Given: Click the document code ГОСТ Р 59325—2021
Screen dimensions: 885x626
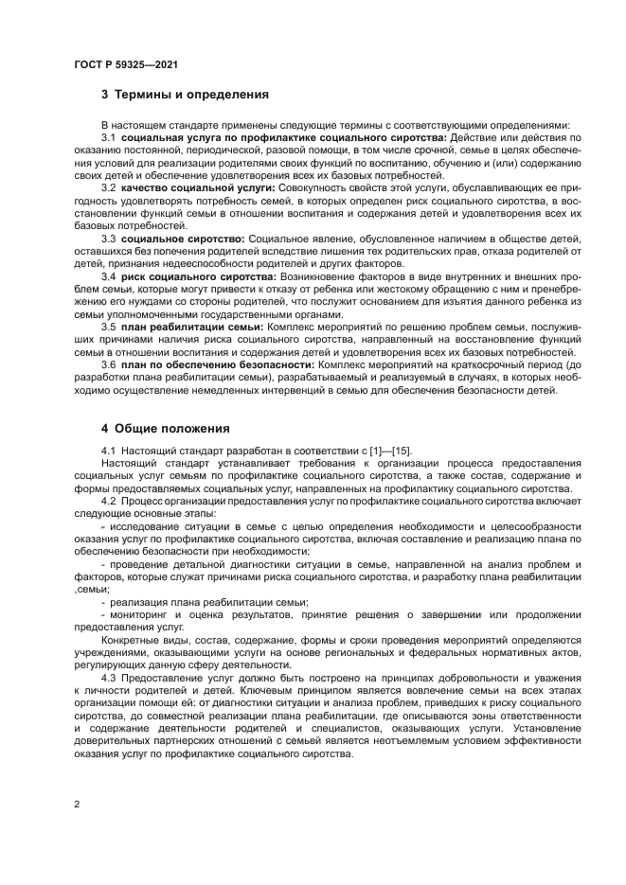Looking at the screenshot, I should (x=125, y=63).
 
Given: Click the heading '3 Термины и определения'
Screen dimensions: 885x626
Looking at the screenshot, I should (x=185, y=95).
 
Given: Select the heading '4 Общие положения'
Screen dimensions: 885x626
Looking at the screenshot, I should (x=166, y=427).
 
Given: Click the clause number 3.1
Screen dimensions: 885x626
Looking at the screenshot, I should (x=108, y=138).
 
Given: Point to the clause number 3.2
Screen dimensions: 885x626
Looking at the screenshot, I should (x=108, y=188).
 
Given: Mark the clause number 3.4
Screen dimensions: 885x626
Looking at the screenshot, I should (x=108, y=275).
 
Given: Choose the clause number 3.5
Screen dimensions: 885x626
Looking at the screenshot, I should (x=108, y=327).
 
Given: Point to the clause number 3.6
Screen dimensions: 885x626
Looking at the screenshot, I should (x=108, y=364).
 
